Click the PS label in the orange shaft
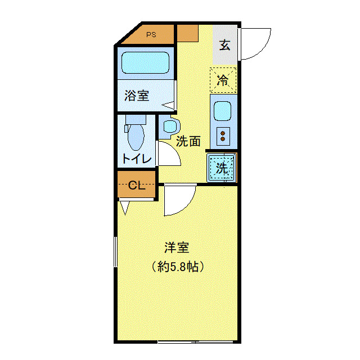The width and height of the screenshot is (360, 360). pos(151,35)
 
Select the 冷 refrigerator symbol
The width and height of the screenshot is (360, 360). pos(223,79)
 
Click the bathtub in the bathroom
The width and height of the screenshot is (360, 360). pos(146,62)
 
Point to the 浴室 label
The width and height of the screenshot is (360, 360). pos(137,95)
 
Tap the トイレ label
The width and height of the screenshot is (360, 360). pos(136,159)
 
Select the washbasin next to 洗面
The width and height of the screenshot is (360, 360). pos(169,125)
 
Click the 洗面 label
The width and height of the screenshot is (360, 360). pos(188,141)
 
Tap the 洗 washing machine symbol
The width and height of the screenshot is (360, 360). pos(222,167)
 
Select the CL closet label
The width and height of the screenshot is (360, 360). pos(137,186)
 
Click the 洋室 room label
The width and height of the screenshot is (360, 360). pos(177,247)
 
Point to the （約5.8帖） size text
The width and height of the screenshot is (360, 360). pos(177,267)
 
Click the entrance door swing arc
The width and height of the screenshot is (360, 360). pos(256,45)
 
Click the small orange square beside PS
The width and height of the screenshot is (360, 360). pos(187,33)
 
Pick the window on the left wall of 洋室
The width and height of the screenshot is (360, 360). pos(115,253)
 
